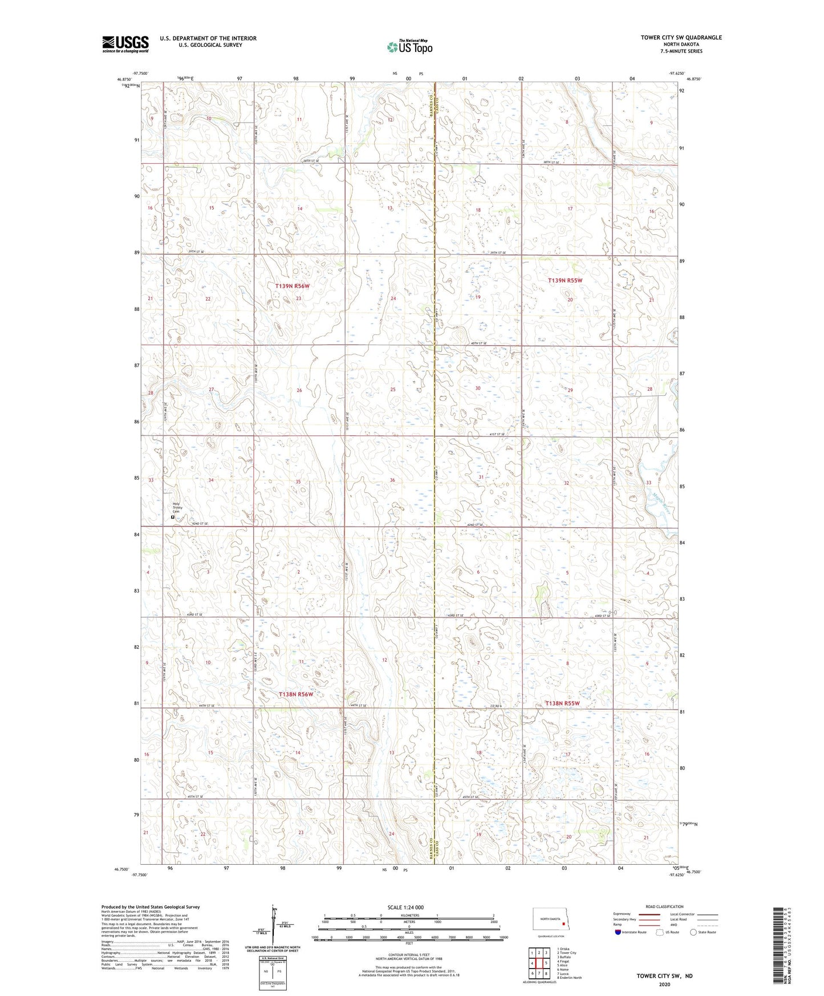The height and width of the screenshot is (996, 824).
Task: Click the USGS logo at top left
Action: click(x=125, y=44)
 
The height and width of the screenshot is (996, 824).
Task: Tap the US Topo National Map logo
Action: click(x=409, y=46)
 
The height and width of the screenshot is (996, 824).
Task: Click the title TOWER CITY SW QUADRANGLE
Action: click(x=681, y=38)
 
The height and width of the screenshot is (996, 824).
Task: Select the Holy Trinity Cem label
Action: click(x=177, y=507)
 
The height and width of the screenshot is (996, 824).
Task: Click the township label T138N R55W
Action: click(x=562, y=703)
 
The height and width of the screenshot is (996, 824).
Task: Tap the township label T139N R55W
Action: click(x=565, y=280)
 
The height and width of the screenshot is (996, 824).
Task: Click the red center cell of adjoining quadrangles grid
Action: click(x=538, y=963)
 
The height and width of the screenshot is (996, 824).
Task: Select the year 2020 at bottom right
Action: click(x=664, y=984)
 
